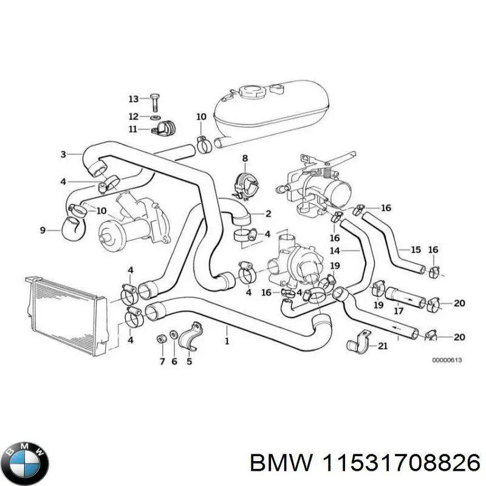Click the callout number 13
coord(133,98)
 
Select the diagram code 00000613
coord(447,360)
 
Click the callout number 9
coord(43,230)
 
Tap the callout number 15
coord(416,250)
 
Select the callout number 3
coord(63,154)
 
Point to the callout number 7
coord(162,362)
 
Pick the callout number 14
coord(334,250)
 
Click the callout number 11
coord(133,129)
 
